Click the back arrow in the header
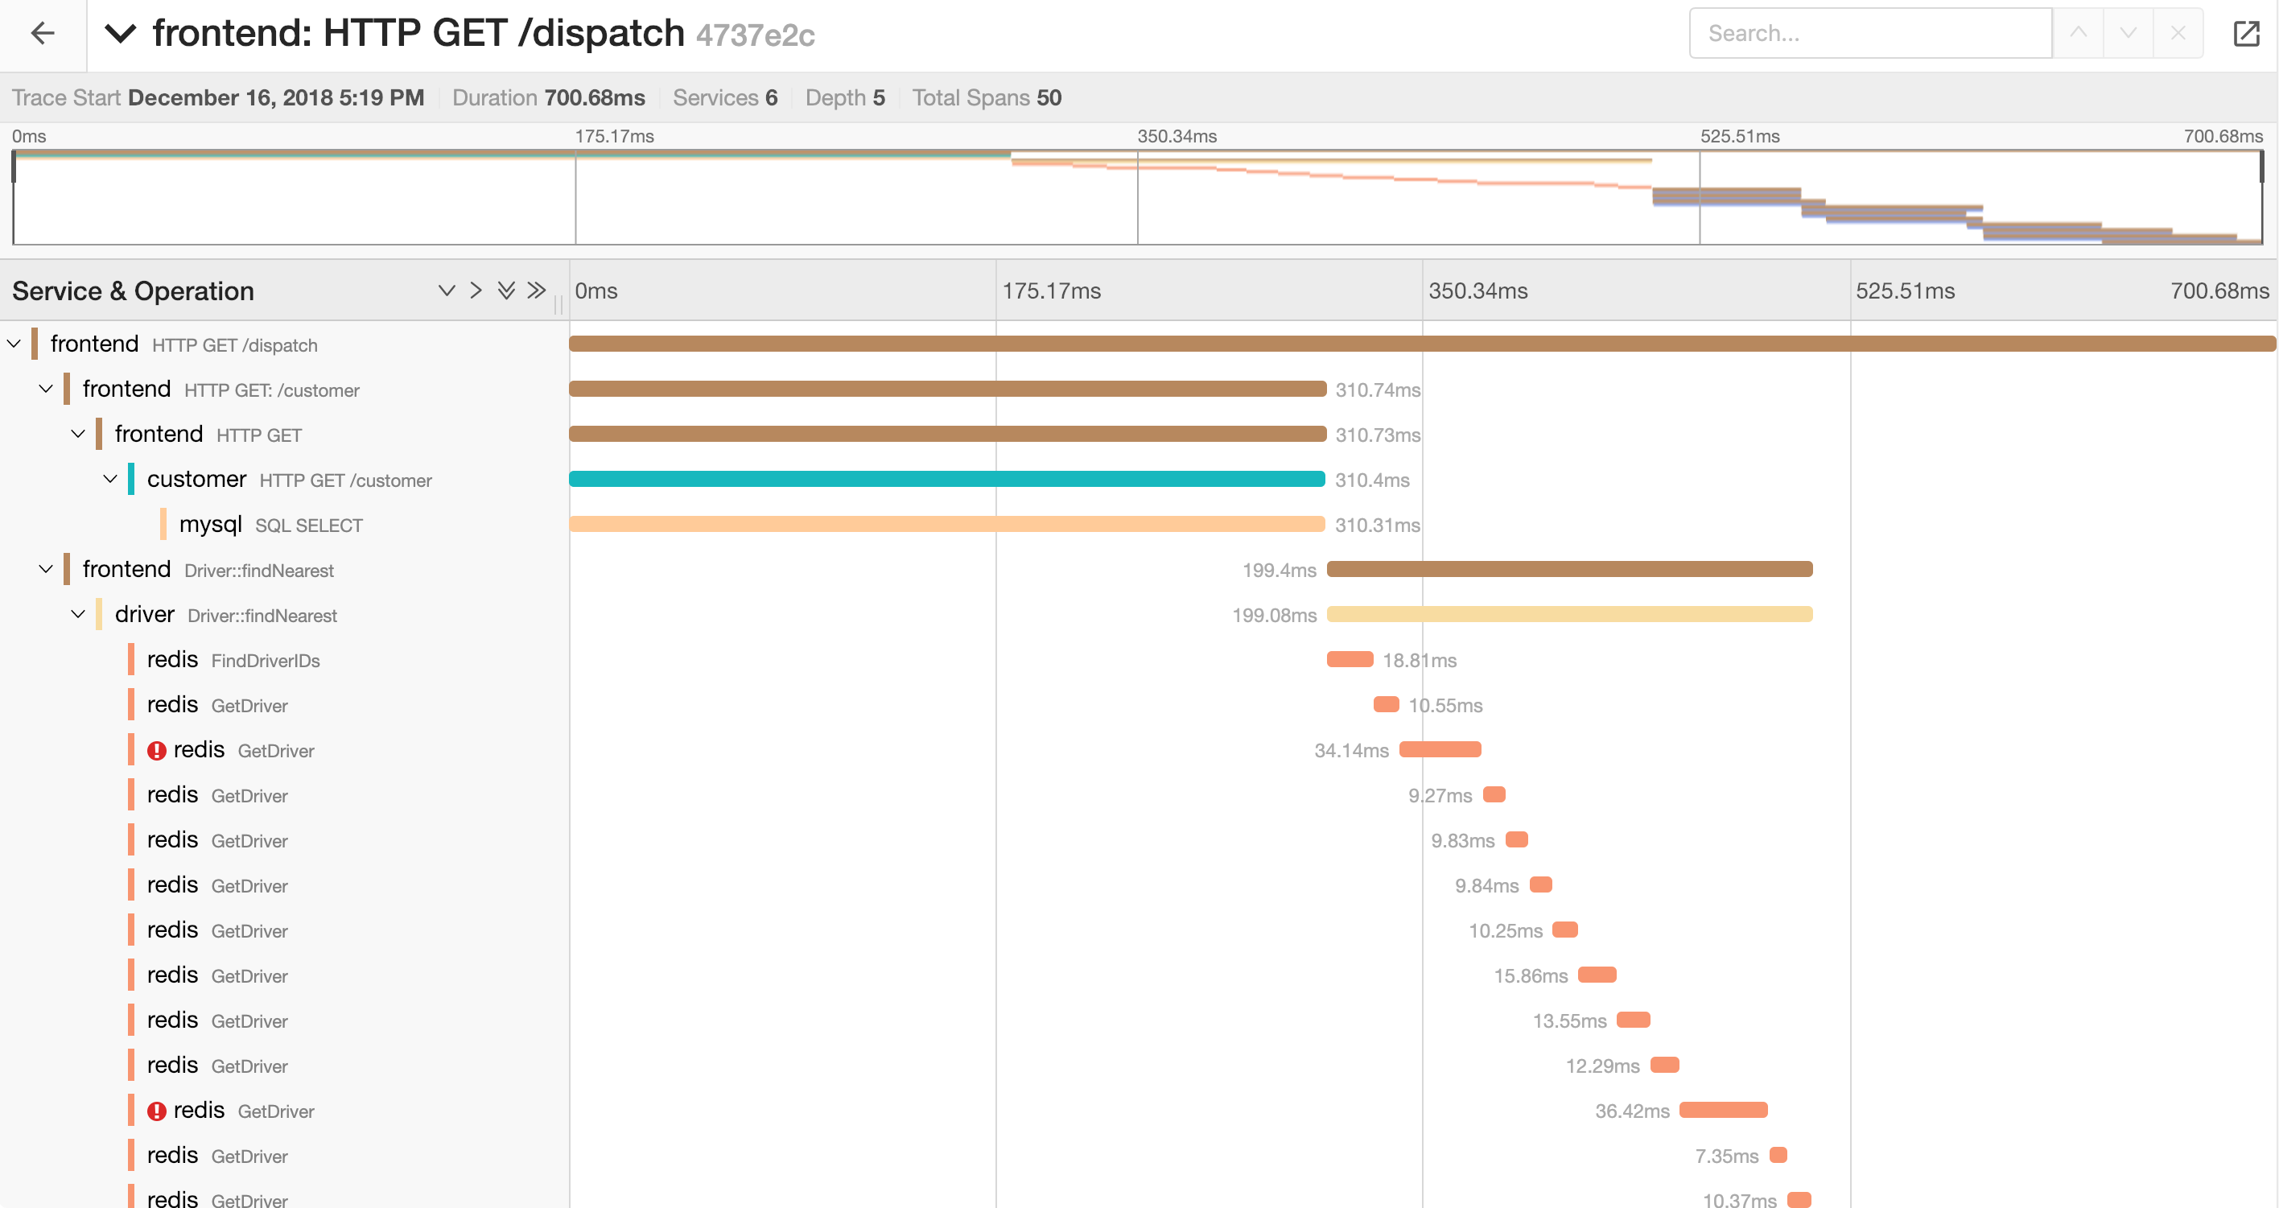(x=43, y=34)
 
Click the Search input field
(x=1869, y=34)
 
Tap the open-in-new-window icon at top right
(x=2245, y=34)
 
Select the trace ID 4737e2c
(x=755, y=35)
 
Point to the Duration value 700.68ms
(x=595, y=97)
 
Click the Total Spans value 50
(x=1049, y=97)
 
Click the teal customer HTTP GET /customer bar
(x=946, y=479)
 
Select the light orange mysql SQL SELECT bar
(x=946, y=524)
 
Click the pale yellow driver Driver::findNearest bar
(x=1568, y=614)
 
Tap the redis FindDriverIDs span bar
(x=1350, y=659)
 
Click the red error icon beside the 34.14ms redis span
(x=157, y=750)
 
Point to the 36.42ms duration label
(x=1631, y=1111)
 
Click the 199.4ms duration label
(x=1279, y=570)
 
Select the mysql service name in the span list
(x=211, y=524)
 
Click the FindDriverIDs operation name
(x=266, y=660)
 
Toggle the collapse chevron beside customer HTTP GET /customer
(x=110, y=479)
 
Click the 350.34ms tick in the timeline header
(x=1477, y=291)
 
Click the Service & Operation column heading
(x=133, y=291)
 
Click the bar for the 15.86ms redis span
(x=1597, y=975)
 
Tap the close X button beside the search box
(x=2178, y=34)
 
